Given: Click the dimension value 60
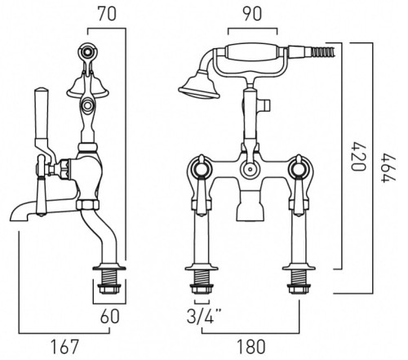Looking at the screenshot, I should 108,316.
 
